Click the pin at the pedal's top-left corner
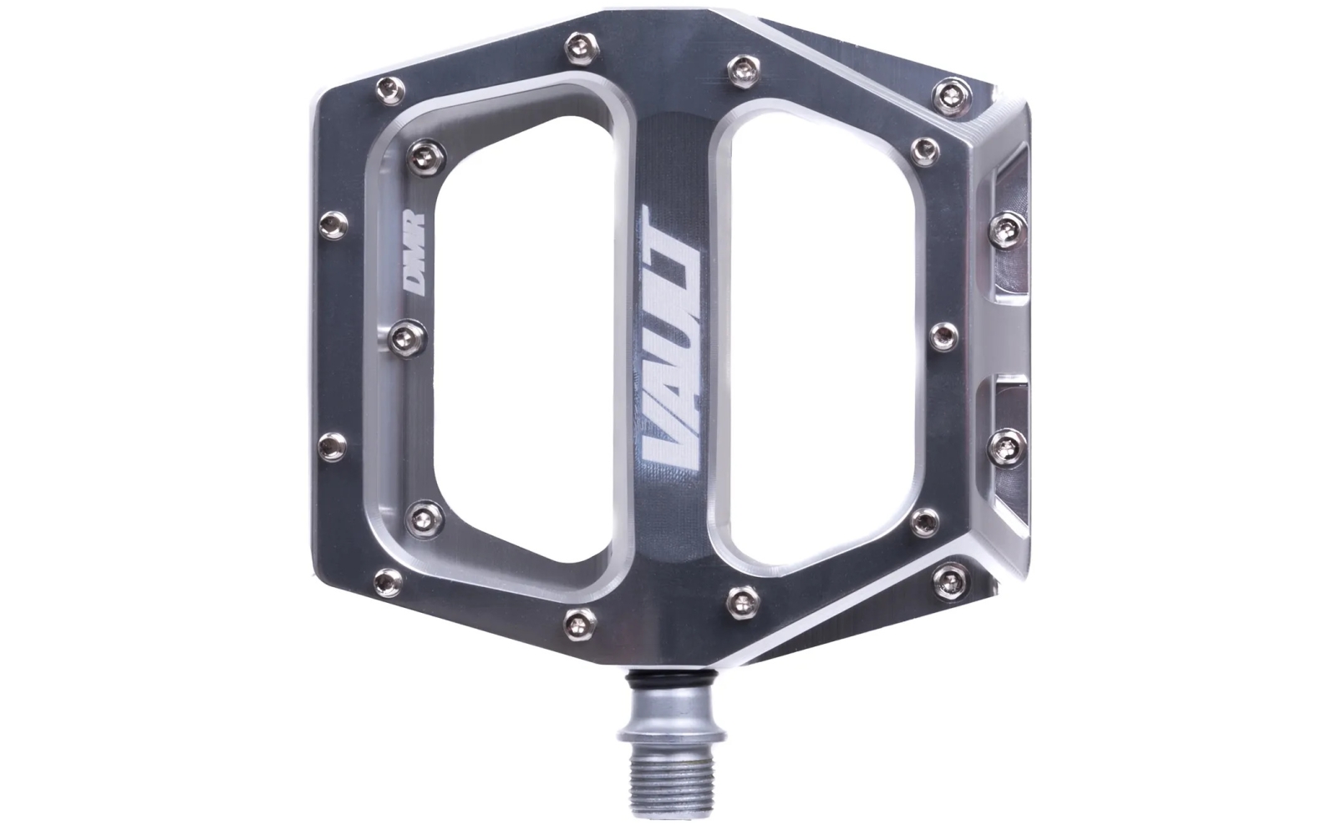coord(390,91)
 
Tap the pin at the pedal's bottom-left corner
coord(388,582)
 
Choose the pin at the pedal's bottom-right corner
coord(949,581)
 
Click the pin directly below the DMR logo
coord(408,339)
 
